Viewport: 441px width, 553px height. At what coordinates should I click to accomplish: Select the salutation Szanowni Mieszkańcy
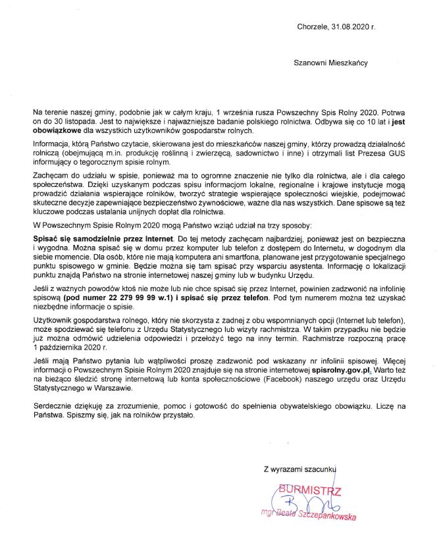point(330,63)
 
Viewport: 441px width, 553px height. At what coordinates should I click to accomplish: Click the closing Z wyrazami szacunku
point(299,470)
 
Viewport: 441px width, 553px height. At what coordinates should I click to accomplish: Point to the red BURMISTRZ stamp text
point(310,490)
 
